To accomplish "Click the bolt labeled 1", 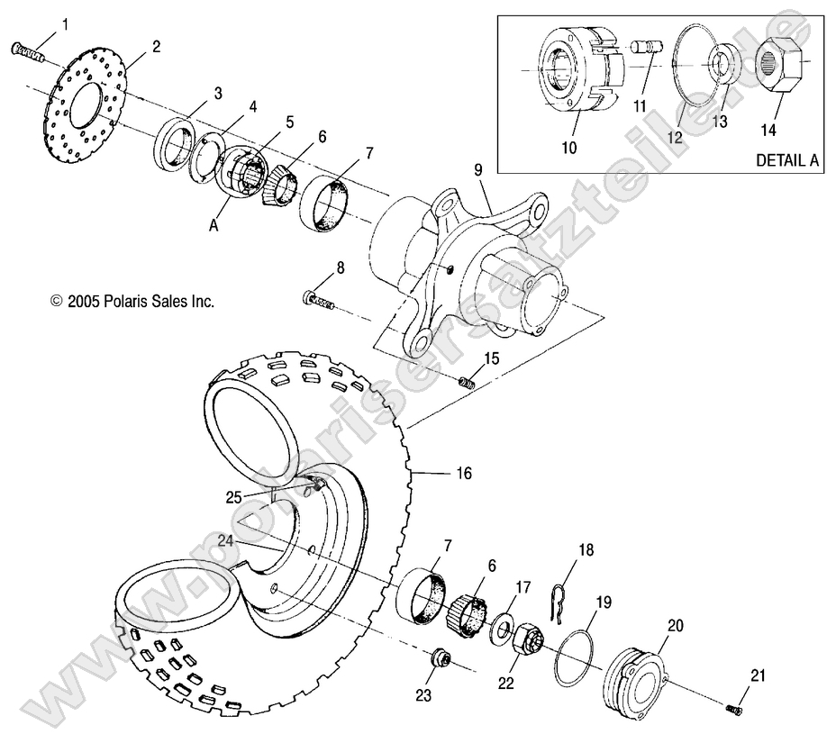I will (29, 51).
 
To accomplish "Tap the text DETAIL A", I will (786, 160).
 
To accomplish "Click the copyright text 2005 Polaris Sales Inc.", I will (132, 303).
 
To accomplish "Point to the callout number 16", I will (462, 472).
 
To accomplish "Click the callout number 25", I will (234, 496).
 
